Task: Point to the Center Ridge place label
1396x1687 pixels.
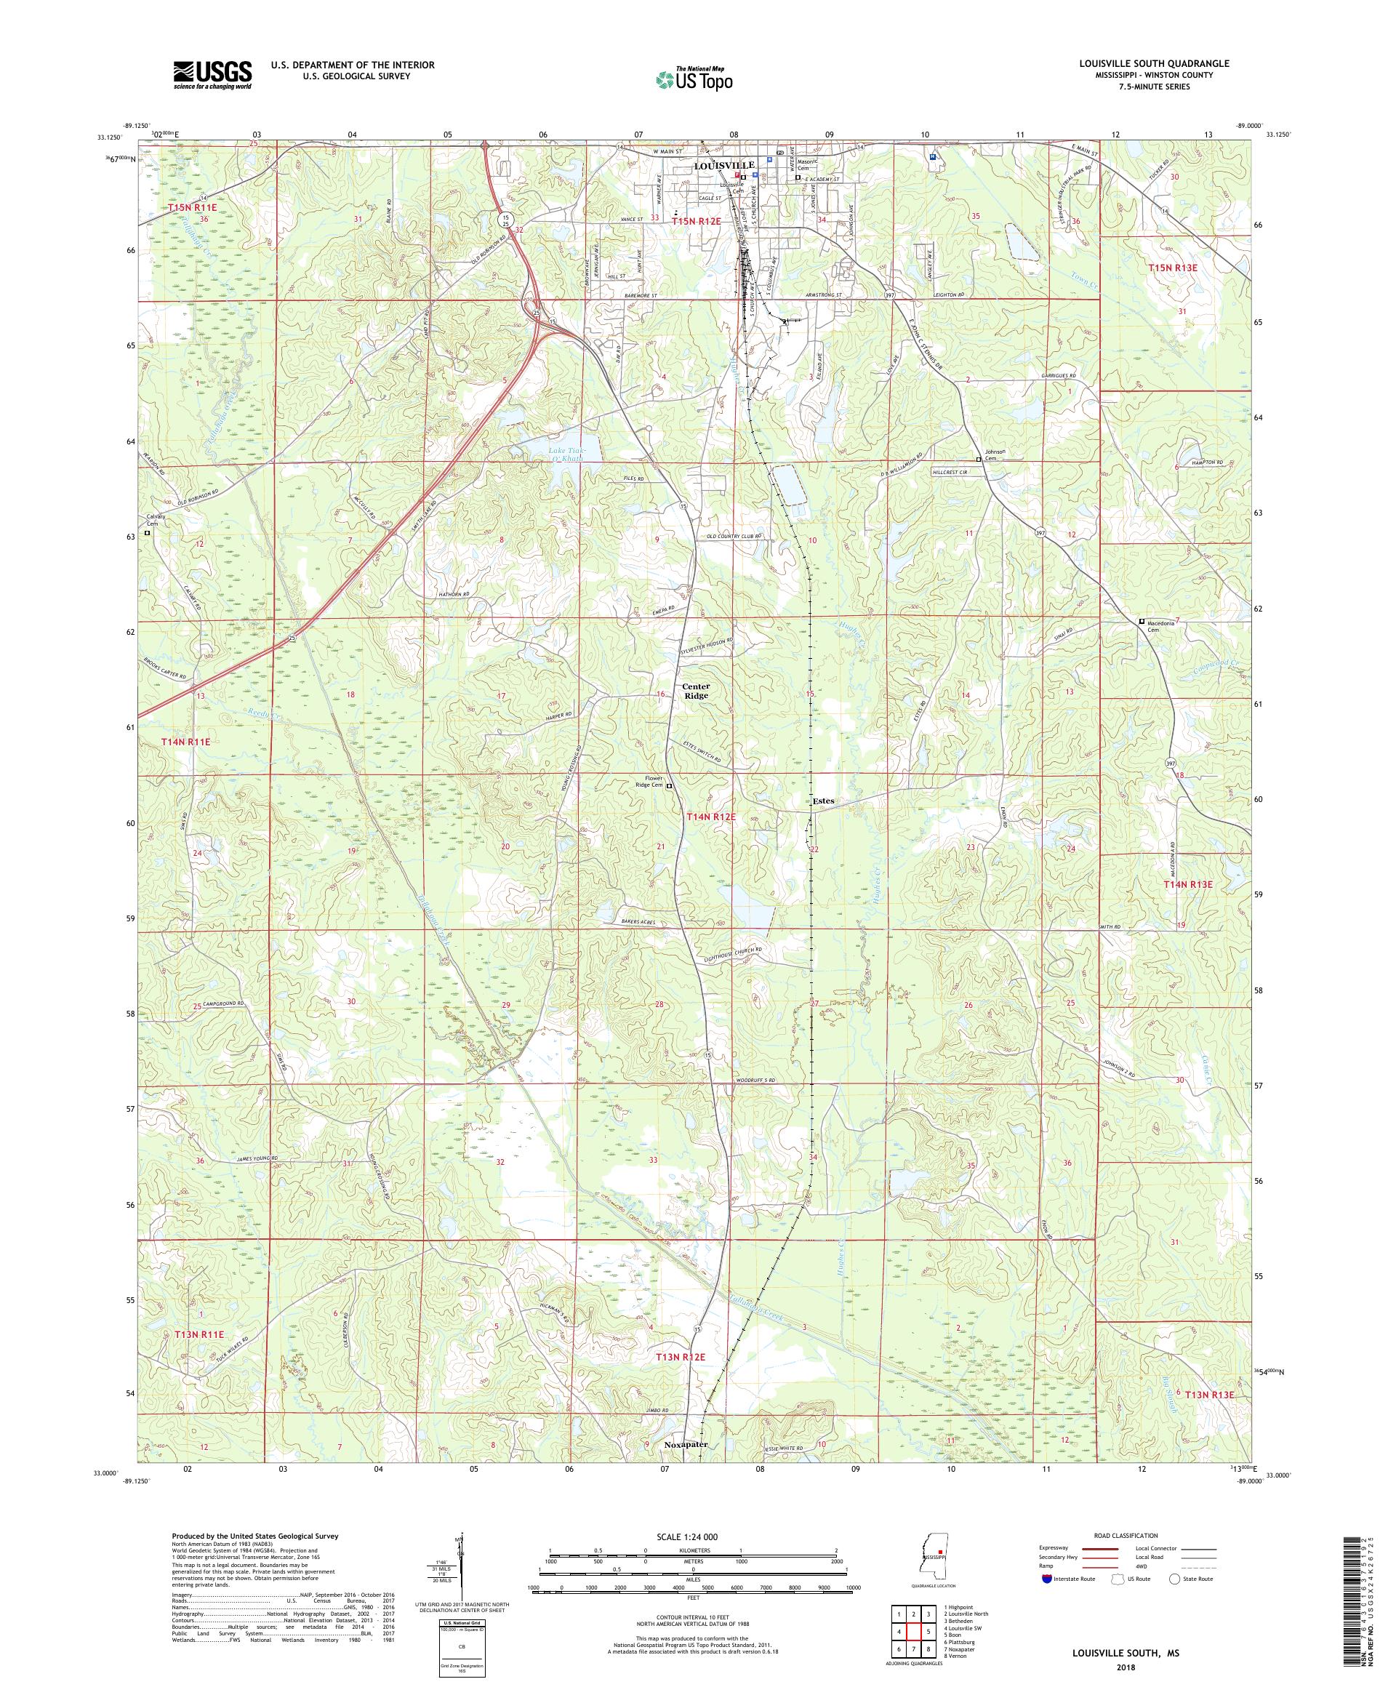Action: (x=696, y=691)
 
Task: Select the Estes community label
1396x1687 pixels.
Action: (x=822, y=801)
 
